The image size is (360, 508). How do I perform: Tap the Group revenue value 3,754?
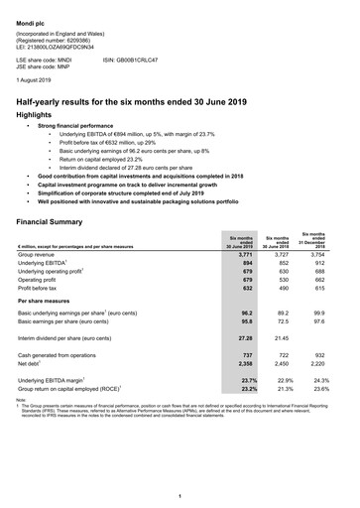318,254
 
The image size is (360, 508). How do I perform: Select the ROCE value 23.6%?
318,389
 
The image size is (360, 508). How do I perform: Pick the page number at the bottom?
180,496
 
